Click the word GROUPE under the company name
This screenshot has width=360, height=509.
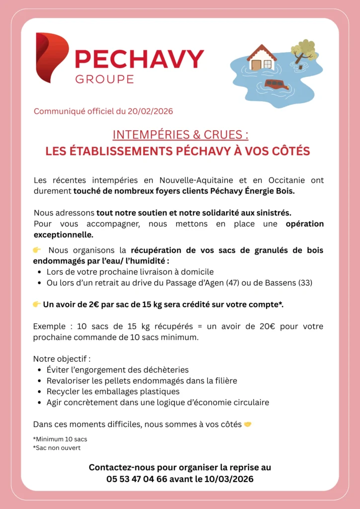(104, 79)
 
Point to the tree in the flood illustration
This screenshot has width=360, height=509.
(304, 50)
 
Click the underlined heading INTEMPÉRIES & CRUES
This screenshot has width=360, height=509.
(180, 135)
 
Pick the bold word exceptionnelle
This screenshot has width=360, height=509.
(63, 234)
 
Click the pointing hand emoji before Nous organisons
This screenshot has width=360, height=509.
(37, 250)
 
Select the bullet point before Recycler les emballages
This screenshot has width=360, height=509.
(39, 392)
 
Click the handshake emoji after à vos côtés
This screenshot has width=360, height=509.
(248, 424)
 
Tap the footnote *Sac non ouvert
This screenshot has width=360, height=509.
(57, 447)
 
